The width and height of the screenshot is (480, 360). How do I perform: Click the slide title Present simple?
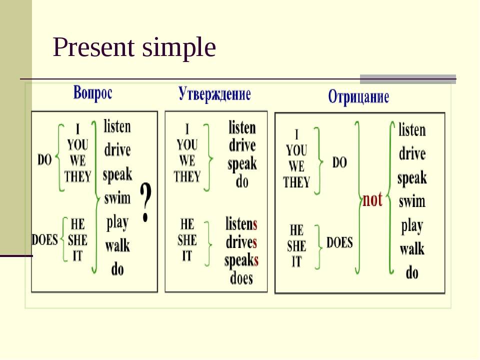tap(134, 48)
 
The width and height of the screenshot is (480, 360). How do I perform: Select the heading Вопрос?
tap(93, 93)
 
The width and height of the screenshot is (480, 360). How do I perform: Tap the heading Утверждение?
tap(214, 93)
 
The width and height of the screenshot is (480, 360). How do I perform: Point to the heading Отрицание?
tap(358, 97)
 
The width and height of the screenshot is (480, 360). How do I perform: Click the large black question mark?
tap(145, 202)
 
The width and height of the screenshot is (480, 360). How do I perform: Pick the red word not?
tap(372, 199)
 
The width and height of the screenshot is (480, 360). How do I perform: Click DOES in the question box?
tap(44, 239)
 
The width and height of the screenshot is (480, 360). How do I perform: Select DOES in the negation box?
tap(339, 242)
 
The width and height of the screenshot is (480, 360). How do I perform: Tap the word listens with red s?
tap(241, 224)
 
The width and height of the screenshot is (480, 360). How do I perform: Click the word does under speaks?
tap(241, 278)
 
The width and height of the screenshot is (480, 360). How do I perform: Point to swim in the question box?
tap(117, 198)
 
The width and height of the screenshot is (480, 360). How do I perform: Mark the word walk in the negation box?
tap(412, 248)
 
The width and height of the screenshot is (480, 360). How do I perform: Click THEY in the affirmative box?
tap(187, 176)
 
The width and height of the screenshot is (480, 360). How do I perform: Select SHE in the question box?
tap(77, 240)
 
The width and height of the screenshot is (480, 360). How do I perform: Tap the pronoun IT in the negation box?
tap(296, 261)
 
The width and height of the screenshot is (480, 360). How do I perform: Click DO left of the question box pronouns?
tap(44, 159)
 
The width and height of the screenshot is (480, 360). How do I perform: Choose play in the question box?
tap(117, 222)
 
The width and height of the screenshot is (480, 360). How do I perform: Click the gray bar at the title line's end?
tap(408, 79)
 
